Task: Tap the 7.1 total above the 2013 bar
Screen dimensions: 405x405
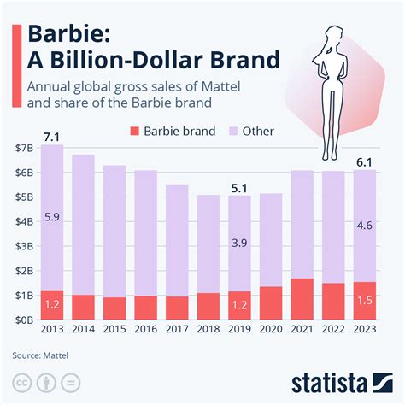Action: pyautogui.click(x=51, y=135)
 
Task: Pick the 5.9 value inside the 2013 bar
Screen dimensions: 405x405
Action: pyautogui.click(x=51, y=217)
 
